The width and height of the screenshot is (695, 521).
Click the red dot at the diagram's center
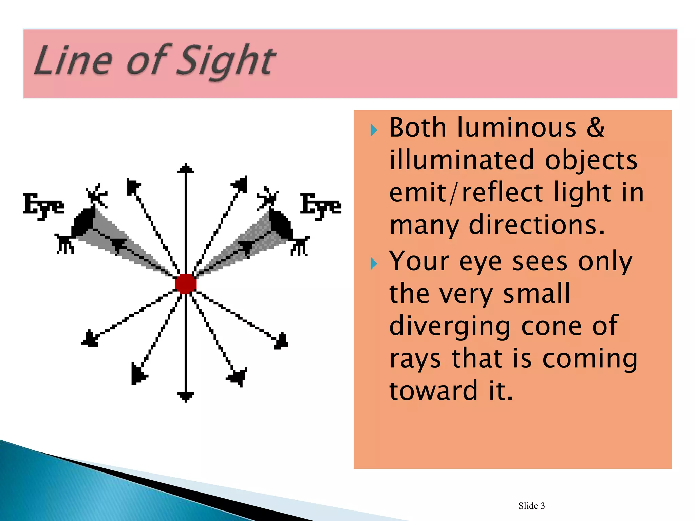(x=186, y=284)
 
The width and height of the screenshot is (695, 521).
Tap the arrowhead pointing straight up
(x=186, y=169)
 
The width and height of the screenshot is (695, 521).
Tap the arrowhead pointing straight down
(x=186, y=397)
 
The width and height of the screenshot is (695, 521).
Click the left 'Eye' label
(x=43, y=206)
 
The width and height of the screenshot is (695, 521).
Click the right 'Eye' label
(x=321, y=206)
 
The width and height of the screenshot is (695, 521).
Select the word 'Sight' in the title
(x=226, y=61)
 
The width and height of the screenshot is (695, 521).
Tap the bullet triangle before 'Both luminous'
(x=374, y=130)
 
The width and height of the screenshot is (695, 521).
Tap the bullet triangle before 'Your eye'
(x=374, y=264)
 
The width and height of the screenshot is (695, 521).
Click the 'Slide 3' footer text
(x=531, y=506)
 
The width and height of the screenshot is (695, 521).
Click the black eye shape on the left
(x=83, y=222)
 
